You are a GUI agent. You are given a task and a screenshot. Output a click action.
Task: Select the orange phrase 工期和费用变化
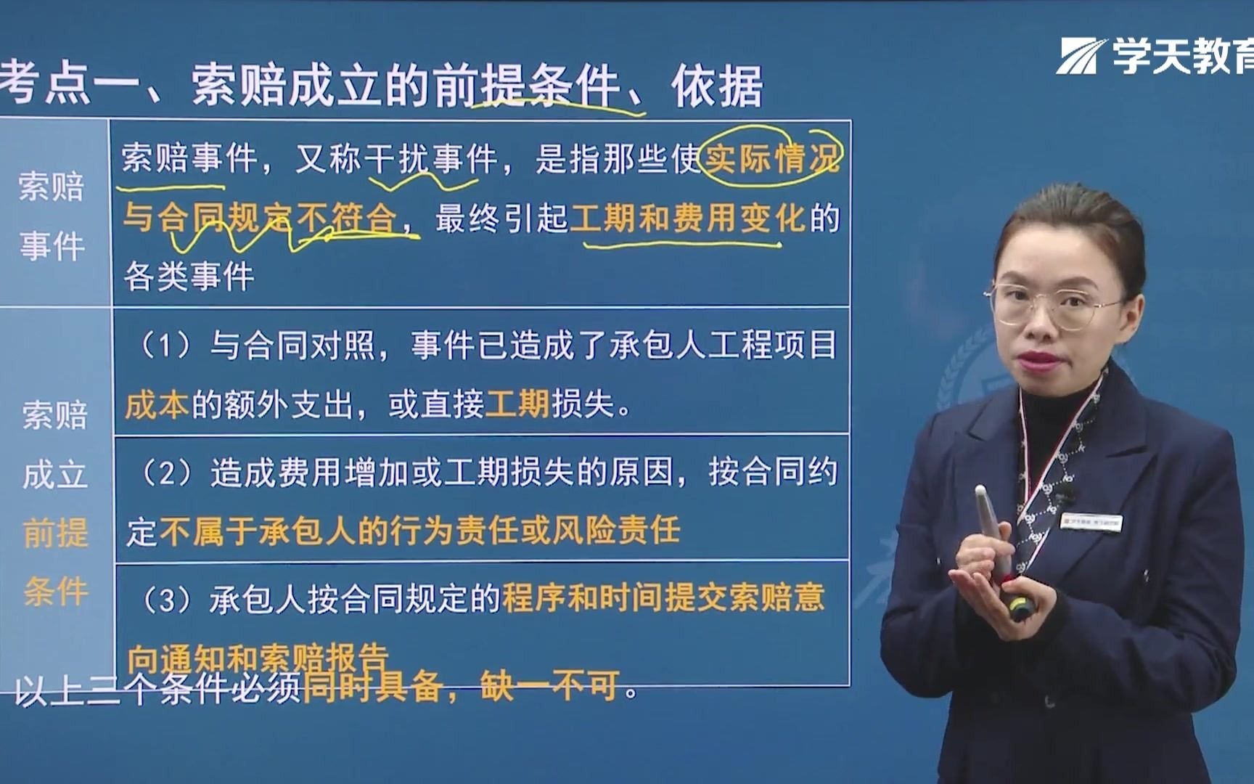[x=688, y=218]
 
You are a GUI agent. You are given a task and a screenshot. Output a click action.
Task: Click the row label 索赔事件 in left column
[x=52, y=216]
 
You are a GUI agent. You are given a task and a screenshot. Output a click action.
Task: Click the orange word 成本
[x=157, y=404]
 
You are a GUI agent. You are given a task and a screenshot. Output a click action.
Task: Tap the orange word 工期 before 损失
[x=517, y=404]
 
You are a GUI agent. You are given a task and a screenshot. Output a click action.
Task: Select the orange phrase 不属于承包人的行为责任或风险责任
[x=419, y=531]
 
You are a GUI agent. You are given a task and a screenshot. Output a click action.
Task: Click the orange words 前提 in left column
[x=55, y=533]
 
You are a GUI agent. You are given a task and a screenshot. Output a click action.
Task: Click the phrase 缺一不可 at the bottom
[x=550, y=685]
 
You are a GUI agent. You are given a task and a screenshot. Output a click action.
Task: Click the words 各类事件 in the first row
[x=189, y=277]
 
